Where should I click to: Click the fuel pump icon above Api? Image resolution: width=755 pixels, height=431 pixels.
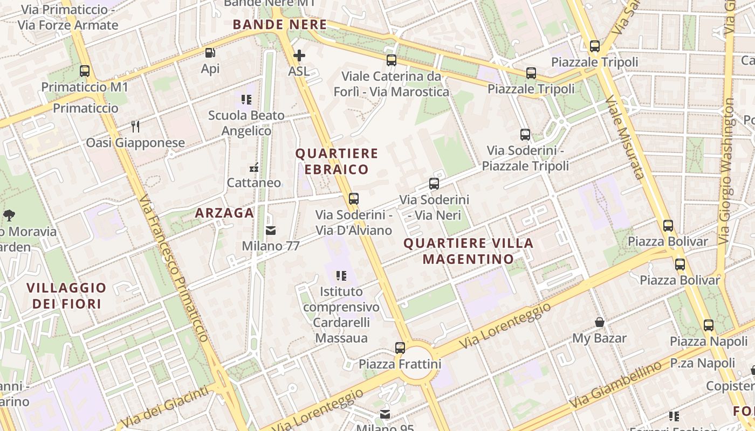click(210, 53)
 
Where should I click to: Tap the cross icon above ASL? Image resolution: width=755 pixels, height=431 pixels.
click(299, 55)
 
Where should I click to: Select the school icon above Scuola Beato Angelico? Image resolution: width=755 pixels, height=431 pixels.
click(246, 99)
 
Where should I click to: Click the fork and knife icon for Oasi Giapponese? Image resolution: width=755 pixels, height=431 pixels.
click(135, 127)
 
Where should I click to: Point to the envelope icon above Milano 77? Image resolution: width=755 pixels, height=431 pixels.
click(270, 231)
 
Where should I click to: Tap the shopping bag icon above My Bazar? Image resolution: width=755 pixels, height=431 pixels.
click(599, 323)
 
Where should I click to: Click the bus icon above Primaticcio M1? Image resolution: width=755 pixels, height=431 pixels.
click(85, 71)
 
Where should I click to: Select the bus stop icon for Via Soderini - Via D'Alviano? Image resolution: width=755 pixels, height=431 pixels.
click(353, 199)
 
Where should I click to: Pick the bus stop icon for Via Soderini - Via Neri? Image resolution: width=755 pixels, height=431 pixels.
click(434, 184)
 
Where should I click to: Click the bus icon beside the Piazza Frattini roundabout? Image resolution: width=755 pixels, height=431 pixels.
click(400, 348)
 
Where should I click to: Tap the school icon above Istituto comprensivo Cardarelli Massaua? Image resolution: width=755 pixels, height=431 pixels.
click(341, 276)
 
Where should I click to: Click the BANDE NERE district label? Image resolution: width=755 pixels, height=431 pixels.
click(280, 25)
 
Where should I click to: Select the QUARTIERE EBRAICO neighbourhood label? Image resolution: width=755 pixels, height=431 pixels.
click(337, 161)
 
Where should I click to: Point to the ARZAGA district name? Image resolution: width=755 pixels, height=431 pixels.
click(224, 213)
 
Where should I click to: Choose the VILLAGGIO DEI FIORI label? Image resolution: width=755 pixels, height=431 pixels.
click(67, 296)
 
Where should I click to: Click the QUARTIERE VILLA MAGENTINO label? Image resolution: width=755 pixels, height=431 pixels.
click(468, 251)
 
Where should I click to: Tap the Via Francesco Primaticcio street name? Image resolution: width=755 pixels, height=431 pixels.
click(174, 268)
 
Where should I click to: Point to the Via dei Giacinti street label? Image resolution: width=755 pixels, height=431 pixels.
click(164, 407)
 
